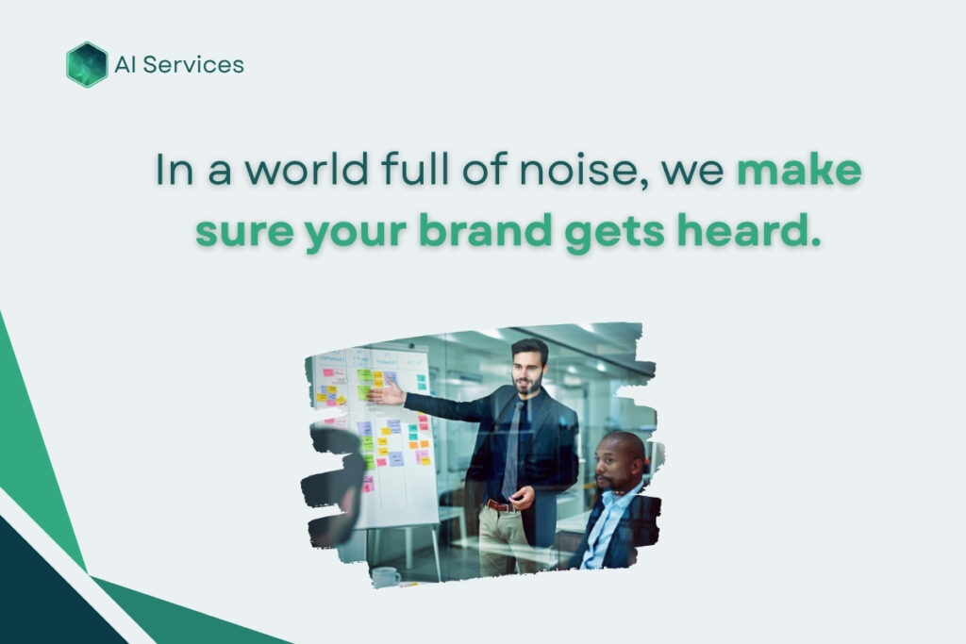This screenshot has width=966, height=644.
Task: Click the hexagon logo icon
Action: click(87, 65)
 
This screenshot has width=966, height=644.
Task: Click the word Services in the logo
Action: click(193, 65)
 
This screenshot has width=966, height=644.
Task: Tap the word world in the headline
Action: click(310, 169)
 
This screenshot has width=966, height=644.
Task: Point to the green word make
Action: click(800, 169)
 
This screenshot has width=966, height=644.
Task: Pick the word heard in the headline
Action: click(750, 230)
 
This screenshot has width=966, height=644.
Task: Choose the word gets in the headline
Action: click(615, 234)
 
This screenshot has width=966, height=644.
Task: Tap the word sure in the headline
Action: click(244, 233)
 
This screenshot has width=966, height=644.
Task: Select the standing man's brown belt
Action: click(500, 506)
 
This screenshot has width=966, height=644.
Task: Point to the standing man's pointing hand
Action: click(387, 393)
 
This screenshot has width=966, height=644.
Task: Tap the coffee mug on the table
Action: click(386, 577)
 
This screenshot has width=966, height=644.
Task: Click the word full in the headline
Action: click(415, 168)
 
